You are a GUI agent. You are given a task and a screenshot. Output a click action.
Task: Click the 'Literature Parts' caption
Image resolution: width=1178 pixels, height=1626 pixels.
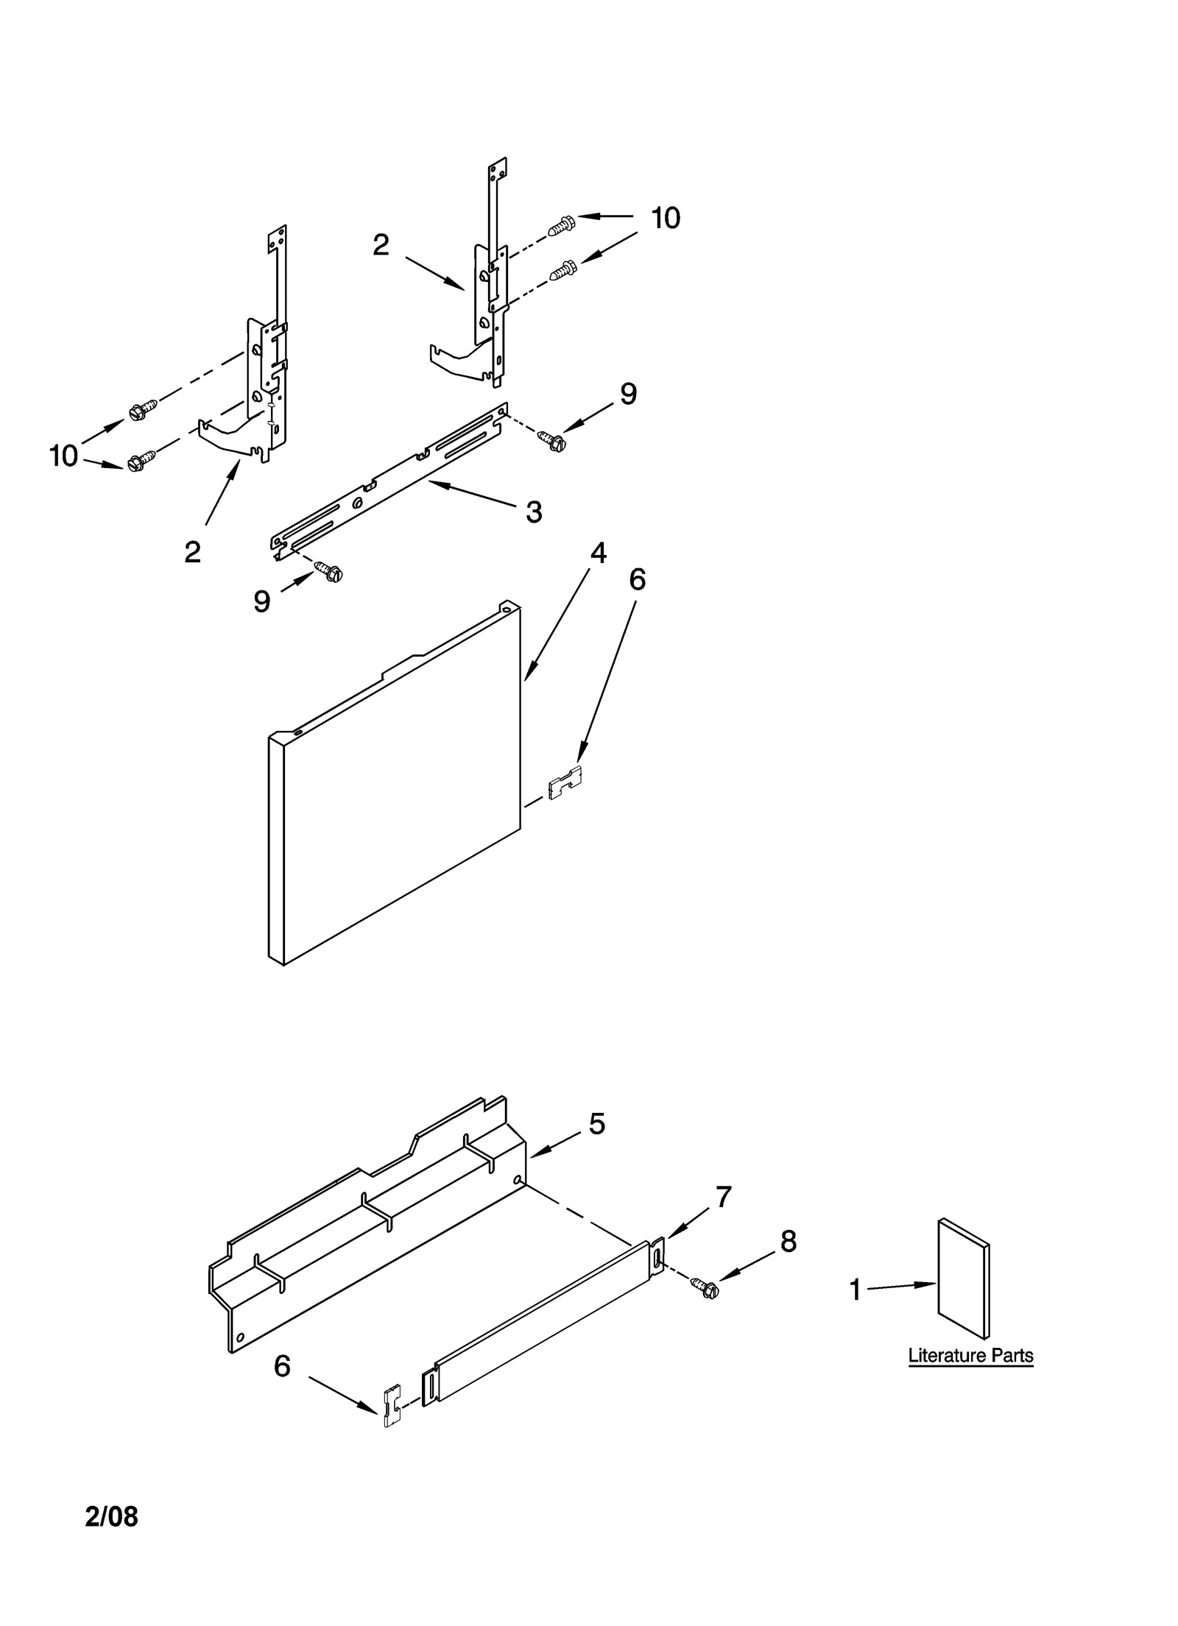pyautogui.click(x=970, y=1355)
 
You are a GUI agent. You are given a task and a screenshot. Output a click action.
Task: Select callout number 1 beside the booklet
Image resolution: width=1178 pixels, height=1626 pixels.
pyautogui.click(x=855, y=1289)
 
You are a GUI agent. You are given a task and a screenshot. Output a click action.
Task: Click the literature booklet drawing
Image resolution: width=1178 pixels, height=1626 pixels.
pyautogui.click(x=963, y=1279)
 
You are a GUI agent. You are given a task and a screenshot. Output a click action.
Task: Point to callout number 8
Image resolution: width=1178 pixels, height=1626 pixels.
pyautogui.click(x=788, y=1242)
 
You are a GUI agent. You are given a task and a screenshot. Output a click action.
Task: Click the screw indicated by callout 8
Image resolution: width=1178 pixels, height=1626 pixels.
pyautogui.click(x=705, y=1287)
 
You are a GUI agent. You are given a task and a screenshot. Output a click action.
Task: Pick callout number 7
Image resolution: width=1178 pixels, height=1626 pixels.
pyautogui.click(x=723, y=1197)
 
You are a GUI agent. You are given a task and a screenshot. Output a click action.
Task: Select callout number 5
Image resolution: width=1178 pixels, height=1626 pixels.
pyautogui.click(x=596, y=1124)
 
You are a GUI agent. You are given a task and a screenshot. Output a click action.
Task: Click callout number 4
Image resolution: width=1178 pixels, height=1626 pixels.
pyautogui.click(x=598, y=553)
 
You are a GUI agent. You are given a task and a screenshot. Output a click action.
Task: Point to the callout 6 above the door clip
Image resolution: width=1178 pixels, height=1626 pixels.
pyautogui.click(x=637, y=580)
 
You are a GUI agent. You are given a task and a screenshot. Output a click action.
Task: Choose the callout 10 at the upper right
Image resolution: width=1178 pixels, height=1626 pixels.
pyautogui.click(x=665, y=218)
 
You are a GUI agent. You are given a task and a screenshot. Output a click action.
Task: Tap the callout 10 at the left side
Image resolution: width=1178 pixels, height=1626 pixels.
pyautogui.click(x=63, y=456)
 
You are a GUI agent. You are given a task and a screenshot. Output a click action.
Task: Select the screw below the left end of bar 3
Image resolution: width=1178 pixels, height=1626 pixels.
pyautogui.click(x=328, y=570)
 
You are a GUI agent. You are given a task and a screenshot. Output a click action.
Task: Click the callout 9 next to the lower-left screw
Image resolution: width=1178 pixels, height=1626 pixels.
pyautogui.click(x=262, y=601)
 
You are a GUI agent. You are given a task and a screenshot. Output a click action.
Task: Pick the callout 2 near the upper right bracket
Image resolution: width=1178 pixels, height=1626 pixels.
pyautogui.click(x=380, y=245)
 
